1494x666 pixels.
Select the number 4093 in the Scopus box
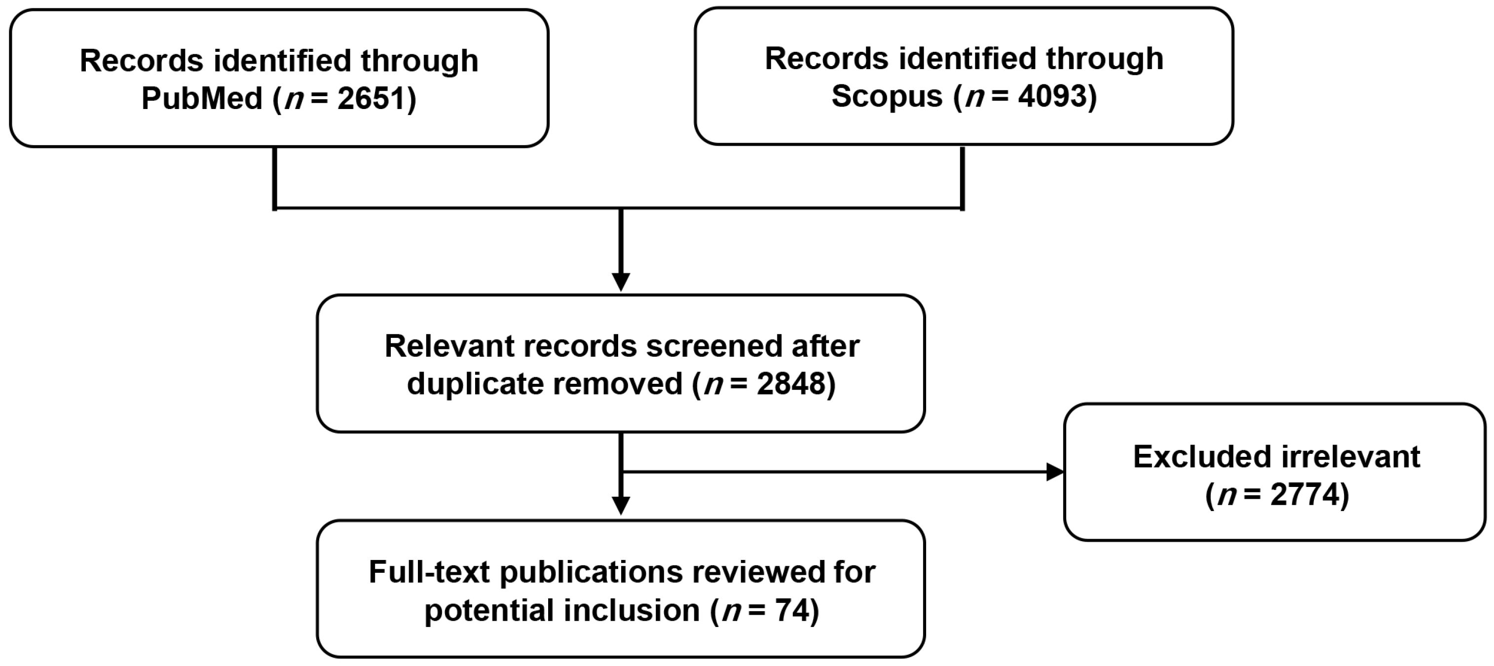(x=1051, y=96)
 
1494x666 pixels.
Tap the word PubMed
(x=202, y=98)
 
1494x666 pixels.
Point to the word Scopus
(x=887, y=96)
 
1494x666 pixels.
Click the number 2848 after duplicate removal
(x=791, y=383)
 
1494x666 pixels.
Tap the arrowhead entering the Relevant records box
(x=621, y=283)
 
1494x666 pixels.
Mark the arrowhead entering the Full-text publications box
(x=621, y=506)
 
